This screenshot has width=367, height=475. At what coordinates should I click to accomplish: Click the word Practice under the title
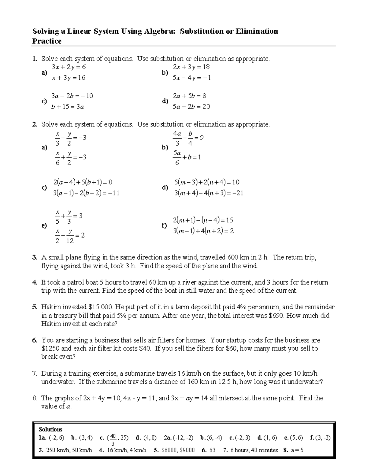pyautogui.click(x=47, y=41)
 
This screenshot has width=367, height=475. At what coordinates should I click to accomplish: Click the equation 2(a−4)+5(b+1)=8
pyautogui.click(x=83, y=182)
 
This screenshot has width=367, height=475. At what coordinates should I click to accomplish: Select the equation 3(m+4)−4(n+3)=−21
pyautogui.click(x=209, y=193)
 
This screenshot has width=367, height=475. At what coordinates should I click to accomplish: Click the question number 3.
pyautogui.click(x=35, y=258)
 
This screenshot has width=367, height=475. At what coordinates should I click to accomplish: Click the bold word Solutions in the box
pyautogui.click(x=50, y=429)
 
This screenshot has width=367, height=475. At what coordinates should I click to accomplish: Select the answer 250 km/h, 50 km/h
pyautogui.click(x=69, y=450)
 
